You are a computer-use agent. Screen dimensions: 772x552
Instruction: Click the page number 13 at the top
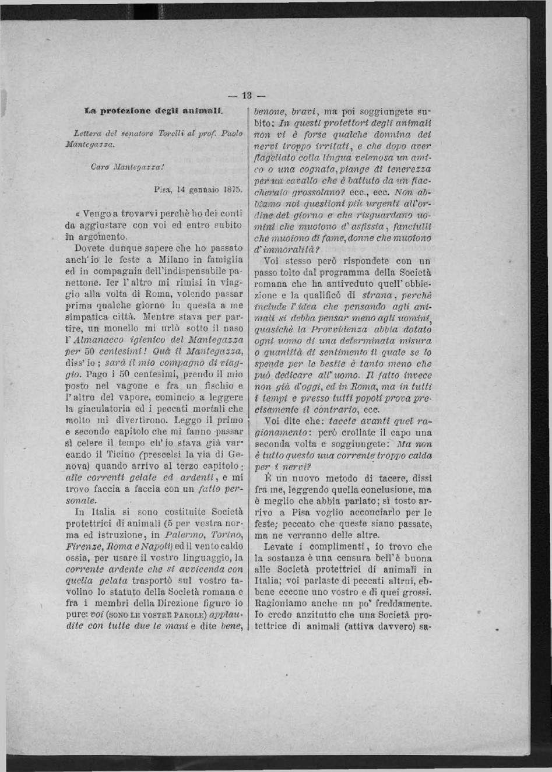(246, 96)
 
